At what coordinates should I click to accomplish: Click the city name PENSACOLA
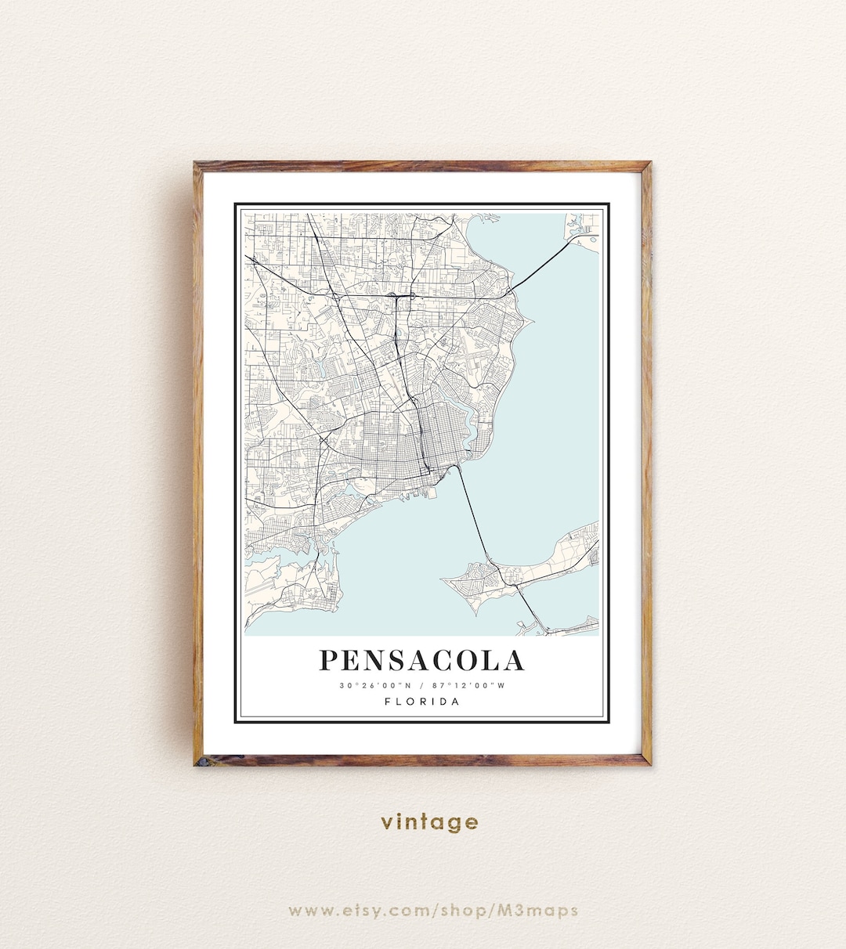(421, 660)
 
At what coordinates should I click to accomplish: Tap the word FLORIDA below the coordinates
(422, 702)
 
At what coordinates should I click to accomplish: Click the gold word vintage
(429, 822)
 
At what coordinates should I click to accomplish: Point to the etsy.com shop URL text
(432, 910)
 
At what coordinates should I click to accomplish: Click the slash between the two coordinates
(421, 686)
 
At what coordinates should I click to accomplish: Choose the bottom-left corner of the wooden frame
(199, 760)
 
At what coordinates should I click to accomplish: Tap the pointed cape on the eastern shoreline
(530, 320)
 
